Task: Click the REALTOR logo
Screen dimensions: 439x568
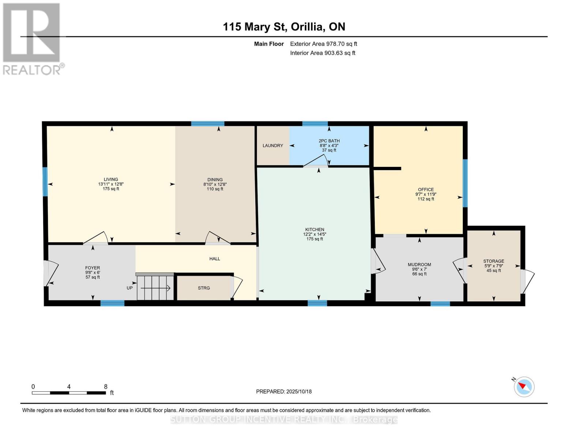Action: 32,39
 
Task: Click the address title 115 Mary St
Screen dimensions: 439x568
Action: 284,27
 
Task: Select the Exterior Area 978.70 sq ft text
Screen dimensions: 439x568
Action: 323,44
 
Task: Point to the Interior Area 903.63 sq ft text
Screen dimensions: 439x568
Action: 323,53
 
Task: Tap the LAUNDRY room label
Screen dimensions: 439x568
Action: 272,146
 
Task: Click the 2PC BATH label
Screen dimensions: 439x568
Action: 329,141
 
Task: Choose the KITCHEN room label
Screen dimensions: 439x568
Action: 315,229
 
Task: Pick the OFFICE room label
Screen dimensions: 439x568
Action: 426,190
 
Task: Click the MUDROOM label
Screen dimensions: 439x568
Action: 419,264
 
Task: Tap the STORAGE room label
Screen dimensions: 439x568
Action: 493,261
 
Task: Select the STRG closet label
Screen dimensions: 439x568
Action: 204,288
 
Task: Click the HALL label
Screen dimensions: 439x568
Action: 215,259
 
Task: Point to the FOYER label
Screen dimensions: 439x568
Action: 93,268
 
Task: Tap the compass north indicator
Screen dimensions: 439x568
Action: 524,386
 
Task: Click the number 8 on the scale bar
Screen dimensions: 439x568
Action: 106,387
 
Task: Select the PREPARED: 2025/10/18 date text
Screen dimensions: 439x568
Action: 284,391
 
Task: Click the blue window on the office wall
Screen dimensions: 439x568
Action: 465,183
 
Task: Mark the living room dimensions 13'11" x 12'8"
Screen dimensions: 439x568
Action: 111,184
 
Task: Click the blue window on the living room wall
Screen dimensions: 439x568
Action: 45,182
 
